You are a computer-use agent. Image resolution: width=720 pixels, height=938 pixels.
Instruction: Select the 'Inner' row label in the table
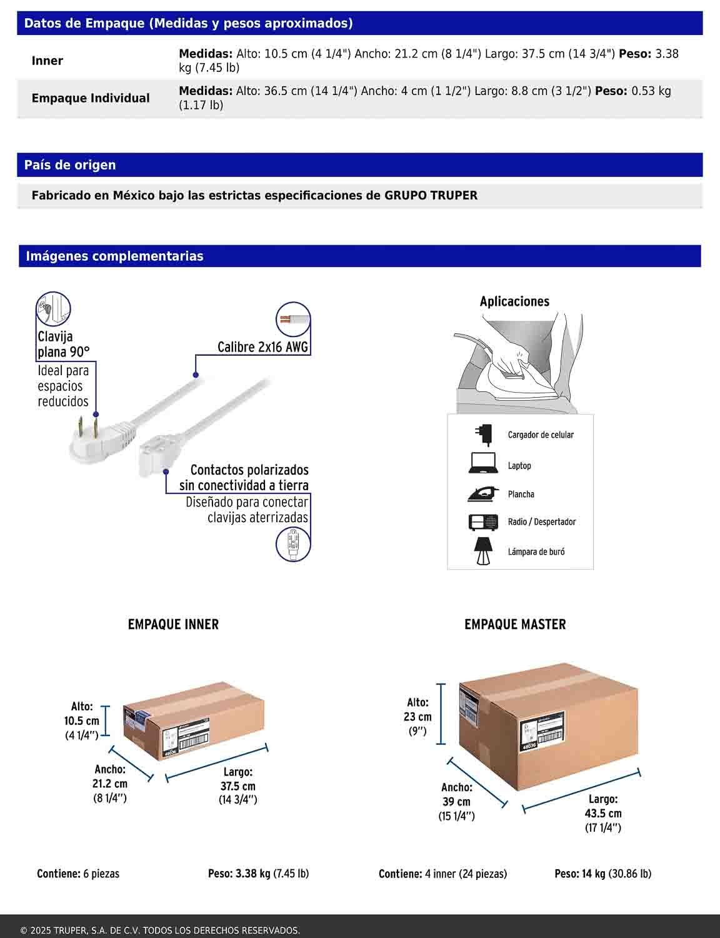[x=47, y=61]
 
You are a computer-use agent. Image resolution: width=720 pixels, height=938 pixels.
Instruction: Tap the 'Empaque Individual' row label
[x=91, y=98]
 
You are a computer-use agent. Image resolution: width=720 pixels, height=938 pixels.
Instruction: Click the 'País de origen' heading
[x=70, y=165]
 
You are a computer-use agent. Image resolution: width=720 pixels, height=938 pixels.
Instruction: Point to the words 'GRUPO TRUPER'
[x=431, y=195]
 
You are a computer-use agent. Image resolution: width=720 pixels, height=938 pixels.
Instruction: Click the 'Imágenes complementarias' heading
[x=114, y=256]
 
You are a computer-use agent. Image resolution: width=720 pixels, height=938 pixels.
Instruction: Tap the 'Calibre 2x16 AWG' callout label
[x=262, y=347]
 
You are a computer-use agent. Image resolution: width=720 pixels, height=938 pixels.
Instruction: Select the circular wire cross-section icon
[x=292, y=320]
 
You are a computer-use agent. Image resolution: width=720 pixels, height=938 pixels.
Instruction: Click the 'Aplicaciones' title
[x=514, y=301]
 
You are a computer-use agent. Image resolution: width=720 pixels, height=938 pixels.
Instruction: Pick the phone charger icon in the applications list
[x=482, y=433]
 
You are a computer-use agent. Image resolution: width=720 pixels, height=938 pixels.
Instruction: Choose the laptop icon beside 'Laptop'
[x=482, y=463]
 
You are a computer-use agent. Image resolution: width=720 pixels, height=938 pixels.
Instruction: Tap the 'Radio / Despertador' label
[x=541, y=522]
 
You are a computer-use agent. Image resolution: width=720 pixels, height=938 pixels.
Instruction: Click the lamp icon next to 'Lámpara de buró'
[x=482, y=551]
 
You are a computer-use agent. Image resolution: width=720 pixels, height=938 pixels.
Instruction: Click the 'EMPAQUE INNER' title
[x=173, y=624]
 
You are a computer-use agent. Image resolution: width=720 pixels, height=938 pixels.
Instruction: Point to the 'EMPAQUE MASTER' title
[x=515, y=624]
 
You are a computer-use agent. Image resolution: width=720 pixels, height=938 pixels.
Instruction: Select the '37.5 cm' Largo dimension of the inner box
[x=237, y=786]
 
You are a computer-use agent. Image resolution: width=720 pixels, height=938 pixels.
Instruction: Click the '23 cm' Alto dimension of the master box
[x=417, y=717]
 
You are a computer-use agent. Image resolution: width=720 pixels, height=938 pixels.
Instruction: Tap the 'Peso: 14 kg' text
[x=580, y=874]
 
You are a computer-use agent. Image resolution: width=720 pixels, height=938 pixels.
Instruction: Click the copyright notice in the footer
[x=160, y=930]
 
